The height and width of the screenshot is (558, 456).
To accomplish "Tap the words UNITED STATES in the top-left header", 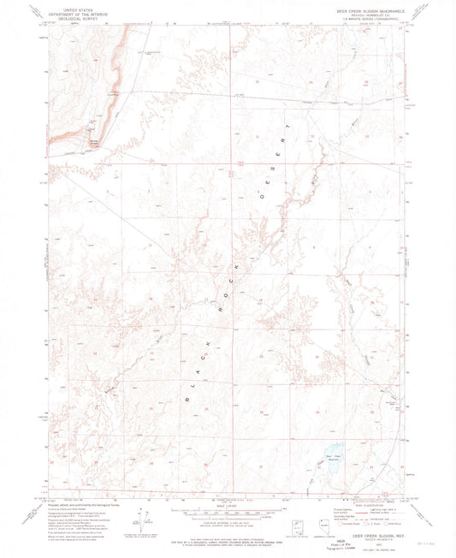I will (74, 7).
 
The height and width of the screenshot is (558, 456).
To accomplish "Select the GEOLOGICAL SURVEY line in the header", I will (74, 17).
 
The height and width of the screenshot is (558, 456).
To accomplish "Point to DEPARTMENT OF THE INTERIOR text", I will (74, 12).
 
